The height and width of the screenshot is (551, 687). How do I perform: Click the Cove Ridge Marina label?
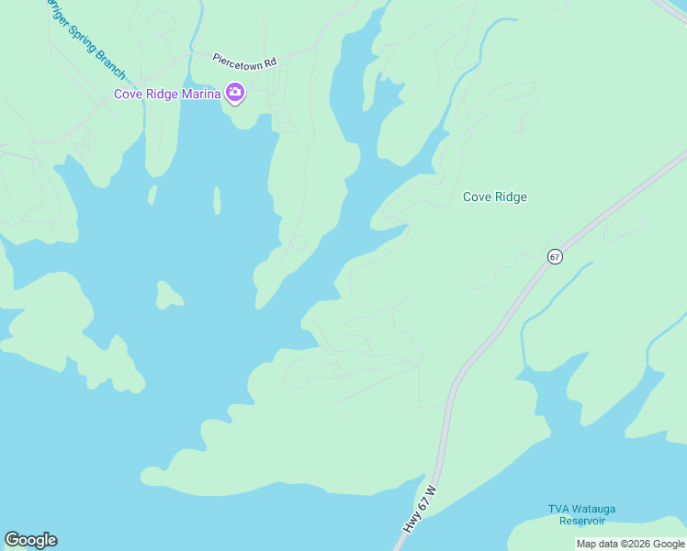click(166, 93)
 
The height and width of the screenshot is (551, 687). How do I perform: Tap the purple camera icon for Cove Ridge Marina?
click(235, 92)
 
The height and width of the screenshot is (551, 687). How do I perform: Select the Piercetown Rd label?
click(244, 61)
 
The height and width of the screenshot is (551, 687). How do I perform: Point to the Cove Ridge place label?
click(494, 197)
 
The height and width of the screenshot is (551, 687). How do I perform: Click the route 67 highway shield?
click(555, 256)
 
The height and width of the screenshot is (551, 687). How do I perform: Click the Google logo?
click(30, 540)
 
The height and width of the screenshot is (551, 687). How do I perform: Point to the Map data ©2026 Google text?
click(631, 544)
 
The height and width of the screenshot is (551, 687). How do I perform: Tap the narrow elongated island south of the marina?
click(217, 199)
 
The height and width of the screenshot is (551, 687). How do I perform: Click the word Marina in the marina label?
click(200, 93)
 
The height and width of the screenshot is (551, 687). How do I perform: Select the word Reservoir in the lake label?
click(584, 521)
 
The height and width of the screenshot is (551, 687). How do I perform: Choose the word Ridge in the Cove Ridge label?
click(512, 197)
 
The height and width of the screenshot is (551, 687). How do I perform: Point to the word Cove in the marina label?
click(127, 93)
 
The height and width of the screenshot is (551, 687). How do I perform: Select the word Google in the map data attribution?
click(669, 544)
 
